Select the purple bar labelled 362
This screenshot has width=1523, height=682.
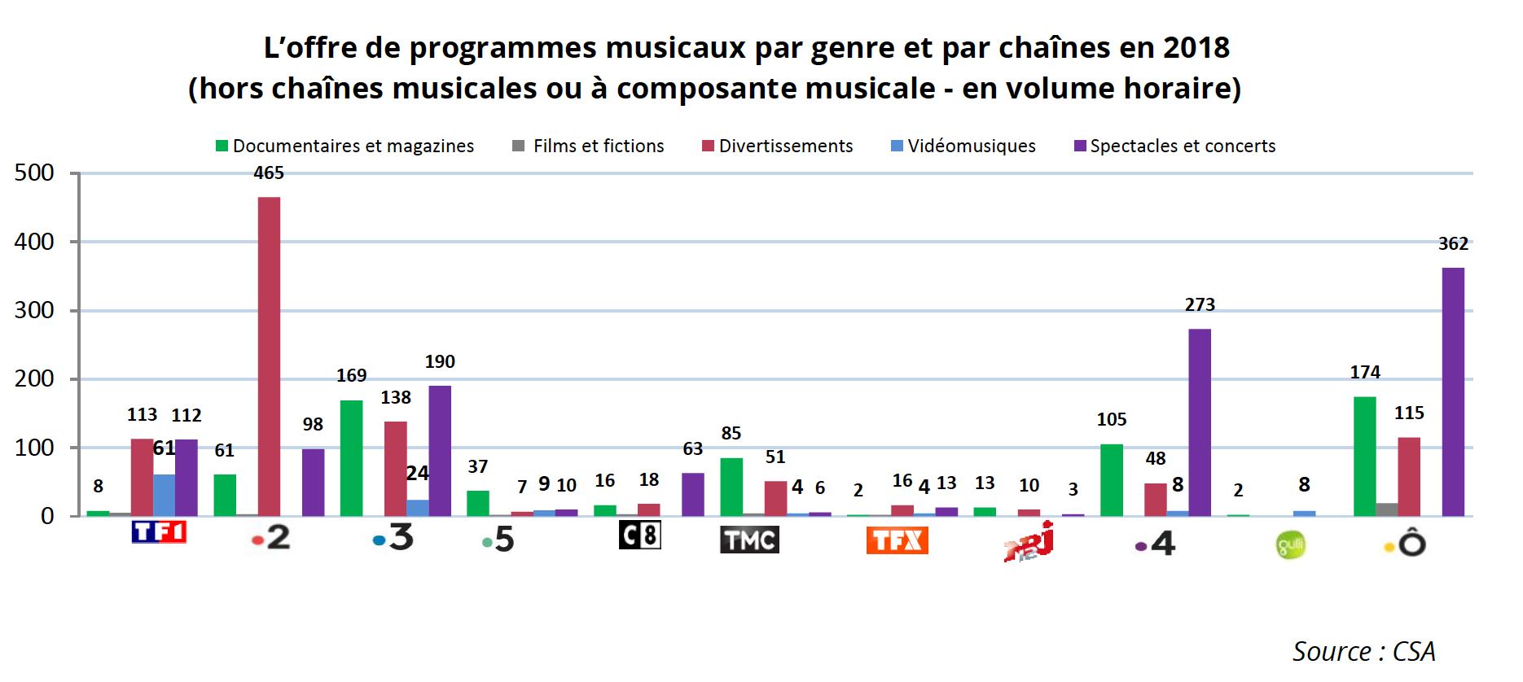tap(1453, 391)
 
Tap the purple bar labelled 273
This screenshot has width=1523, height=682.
tap(1200, 422)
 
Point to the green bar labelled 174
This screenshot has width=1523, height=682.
tap(1365, 457)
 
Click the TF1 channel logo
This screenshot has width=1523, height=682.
tap(159, 532)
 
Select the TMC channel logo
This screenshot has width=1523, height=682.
tap(749, 539)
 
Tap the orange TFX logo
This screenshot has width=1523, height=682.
tap(897, 540)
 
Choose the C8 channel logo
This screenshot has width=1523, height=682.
tap(639, 535)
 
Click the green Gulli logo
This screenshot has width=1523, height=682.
tap(1290, 544)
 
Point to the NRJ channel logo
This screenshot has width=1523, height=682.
tap(1029, 541)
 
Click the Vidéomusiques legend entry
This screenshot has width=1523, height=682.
tap(963, 146)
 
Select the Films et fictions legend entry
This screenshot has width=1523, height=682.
tap(589, 146)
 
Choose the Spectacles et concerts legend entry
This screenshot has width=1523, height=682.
tap(1175, 146)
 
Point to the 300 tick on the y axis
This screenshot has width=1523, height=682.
tap(34, 310)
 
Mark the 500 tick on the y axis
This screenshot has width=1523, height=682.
tap(34, 173)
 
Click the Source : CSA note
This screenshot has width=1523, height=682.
tap(1363, 651)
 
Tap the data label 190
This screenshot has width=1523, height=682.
tap(440, 361)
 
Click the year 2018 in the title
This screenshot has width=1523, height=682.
tap(1196, 48)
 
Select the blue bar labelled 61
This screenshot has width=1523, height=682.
tap(164, 495)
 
